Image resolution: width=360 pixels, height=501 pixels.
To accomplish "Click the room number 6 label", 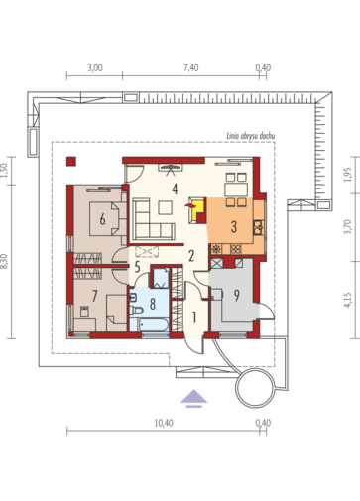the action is click(102, 219).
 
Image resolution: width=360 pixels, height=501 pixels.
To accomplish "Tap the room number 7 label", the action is click(95, 296).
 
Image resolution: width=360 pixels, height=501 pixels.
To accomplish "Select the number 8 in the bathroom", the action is click(153, 304).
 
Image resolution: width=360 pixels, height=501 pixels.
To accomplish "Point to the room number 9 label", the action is click(236, 296).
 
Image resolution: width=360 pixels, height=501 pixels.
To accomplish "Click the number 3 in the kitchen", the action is click(234, 227).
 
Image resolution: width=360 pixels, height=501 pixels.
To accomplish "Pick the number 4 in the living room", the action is click(175, 189).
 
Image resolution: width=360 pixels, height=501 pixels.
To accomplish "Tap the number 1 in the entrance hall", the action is click(194, 317).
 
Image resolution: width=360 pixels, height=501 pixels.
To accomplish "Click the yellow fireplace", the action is click(197, 209).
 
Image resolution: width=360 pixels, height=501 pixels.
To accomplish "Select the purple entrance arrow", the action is click(194, 398).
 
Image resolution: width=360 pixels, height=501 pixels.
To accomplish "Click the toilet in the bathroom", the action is click(136, 311).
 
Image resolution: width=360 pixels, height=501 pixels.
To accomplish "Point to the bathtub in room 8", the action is click(149, 324).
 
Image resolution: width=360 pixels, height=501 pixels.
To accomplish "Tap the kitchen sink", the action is click(258, 227).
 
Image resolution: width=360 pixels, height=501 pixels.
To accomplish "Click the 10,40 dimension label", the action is click(164, 423).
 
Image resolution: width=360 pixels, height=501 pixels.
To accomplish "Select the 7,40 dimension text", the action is click(191, 68).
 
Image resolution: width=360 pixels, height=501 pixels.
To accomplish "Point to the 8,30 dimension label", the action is click(4, 261).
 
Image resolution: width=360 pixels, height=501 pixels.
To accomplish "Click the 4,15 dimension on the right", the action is click(347, 300).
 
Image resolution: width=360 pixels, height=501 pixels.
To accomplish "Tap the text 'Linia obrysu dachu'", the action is click(251, 136).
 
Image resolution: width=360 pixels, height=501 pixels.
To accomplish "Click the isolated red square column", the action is click(71, 161).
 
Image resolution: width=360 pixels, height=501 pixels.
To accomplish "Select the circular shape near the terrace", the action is click(255, 387).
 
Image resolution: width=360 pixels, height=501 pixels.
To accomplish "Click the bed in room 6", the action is click(104, 219).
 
